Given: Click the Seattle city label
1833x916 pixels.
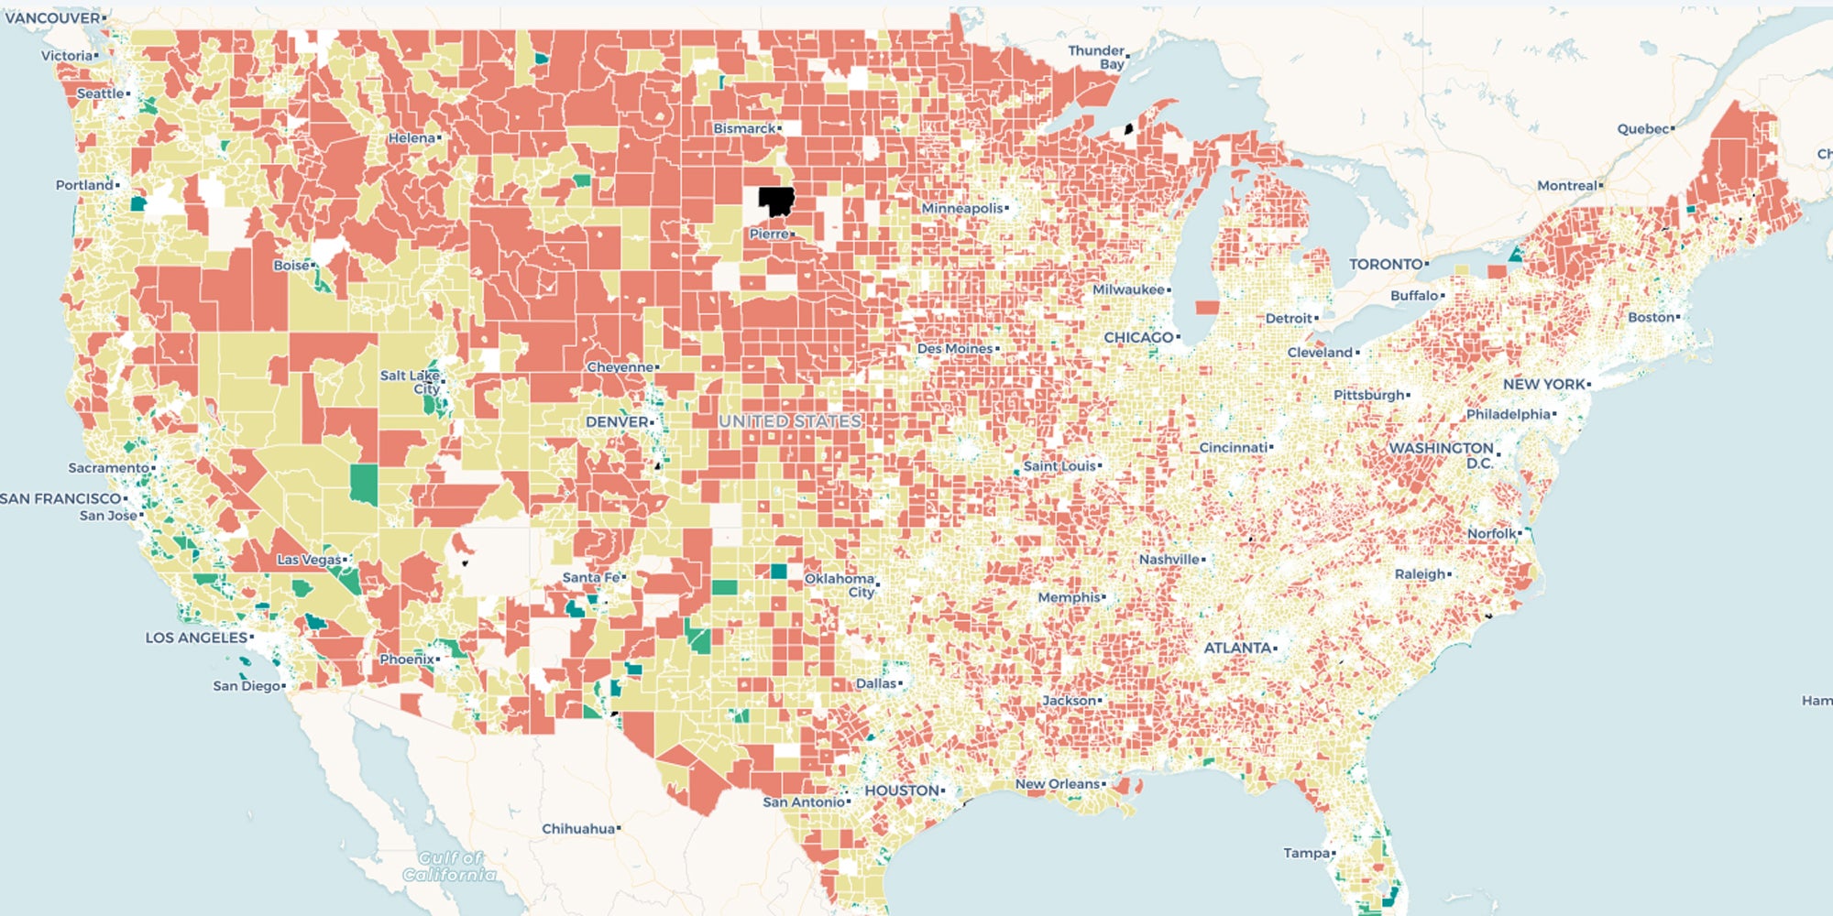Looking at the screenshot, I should pyautogui.click(x=101, y=93).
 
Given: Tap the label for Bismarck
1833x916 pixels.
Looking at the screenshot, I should pyautogui.click(x=744, y=128).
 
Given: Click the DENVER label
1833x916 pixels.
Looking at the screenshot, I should pyautogui.click(x=617, y=421).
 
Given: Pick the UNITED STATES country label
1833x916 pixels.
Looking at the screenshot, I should pyautogui.click(x=790, y=421).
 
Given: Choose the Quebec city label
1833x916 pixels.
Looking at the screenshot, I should pyautogui.click(x=1642, y=129).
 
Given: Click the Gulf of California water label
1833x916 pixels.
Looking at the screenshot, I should pyautogui.click(x=449, y=866).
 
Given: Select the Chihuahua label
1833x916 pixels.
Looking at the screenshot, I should pyautogui.click(x=578, y=829).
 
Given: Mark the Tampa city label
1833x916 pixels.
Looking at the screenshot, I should pyautogui.click(x=1306, y=853).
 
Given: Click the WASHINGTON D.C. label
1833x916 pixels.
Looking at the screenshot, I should pyautogui.click(x=1442, y=454).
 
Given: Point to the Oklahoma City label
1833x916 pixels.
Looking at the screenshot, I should pyautogui.click(x=840, y=585).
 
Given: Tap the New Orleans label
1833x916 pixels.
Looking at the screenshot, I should pyautogui.click(x=1057, y=784).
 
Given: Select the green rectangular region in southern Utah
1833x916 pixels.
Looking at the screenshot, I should pyautogui.click(x=363, y=485).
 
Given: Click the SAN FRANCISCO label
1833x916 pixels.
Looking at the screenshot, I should pyautogui.click(x=60, y=498).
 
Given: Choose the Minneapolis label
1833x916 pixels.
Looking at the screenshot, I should pyautogui.click(x=961, y=209).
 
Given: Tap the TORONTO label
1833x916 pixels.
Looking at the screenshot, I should pyautogui.click(x=1386, y=264).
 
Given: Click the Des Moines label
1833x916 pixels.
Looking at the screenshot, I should pyautogui.click(x=954, y=349).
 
